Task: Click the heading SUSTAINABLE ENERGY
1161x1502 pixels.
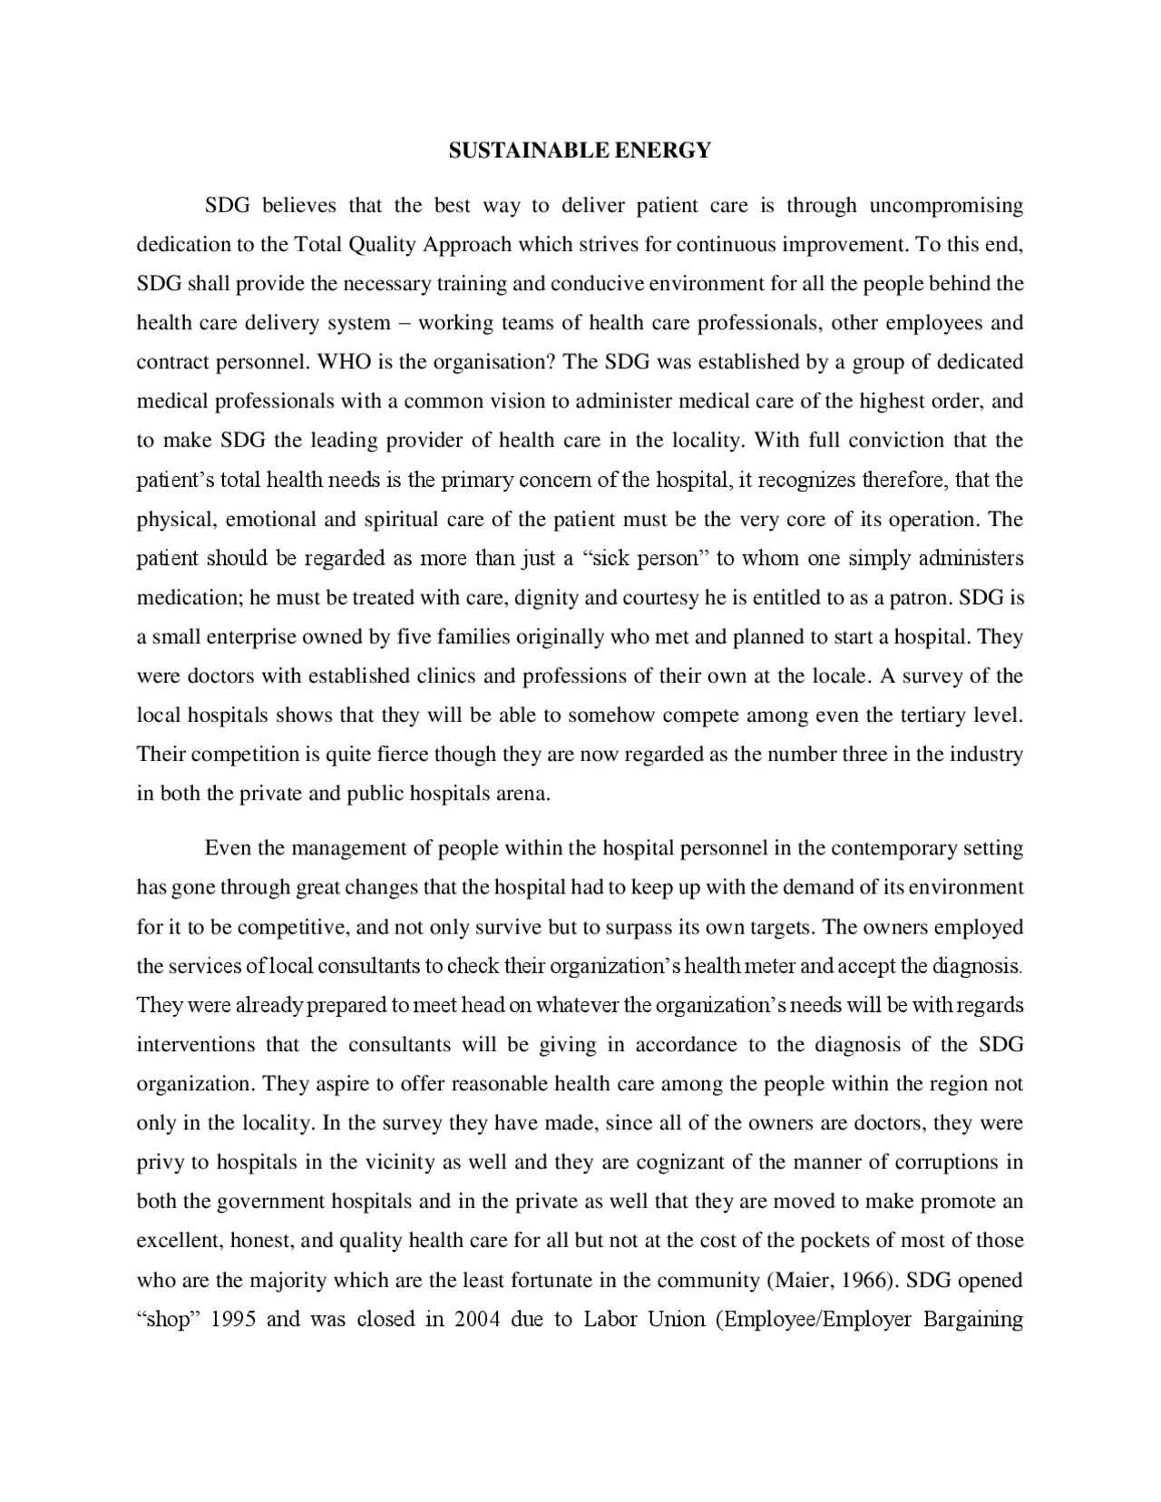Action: [x=580, y=151]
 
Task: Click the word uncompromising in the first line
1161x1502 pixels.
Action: [x=946, y=206]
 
